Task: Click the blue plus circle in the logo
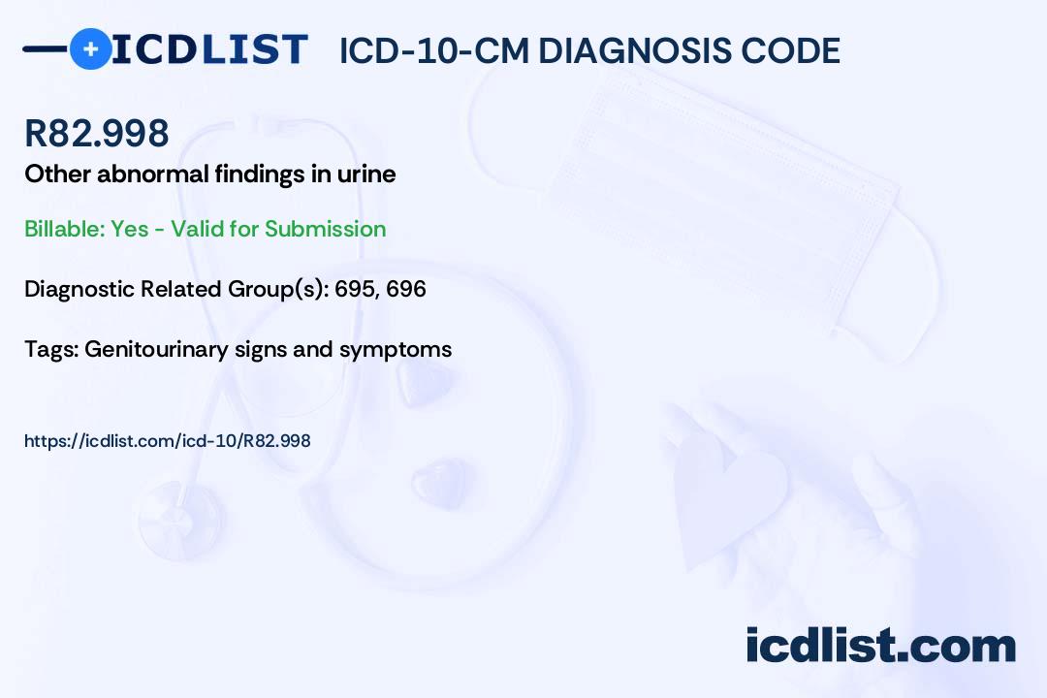(x=91, y=49)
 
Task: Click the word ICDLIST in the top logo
(x=209, y=49)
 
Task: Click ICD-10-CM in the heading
(x=434, y=50)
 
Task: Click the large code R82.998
(x=97, y=133)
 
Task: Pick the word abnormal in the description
(x=153, y=174)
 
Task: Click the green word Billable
(x=65, y=229)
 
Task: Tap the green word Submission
(x=325, y=229)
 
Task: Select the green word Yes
(x=130, y=229)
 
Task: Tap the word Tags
(x=50, y=349)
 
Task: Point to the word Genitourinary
(x=156, y=350)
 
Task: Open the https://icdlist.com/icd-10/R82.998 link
(x=168, y=441)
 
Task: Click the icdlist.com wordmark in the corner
(x=880, y=645)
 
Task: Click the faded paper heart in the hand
(x=728, y=494)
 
